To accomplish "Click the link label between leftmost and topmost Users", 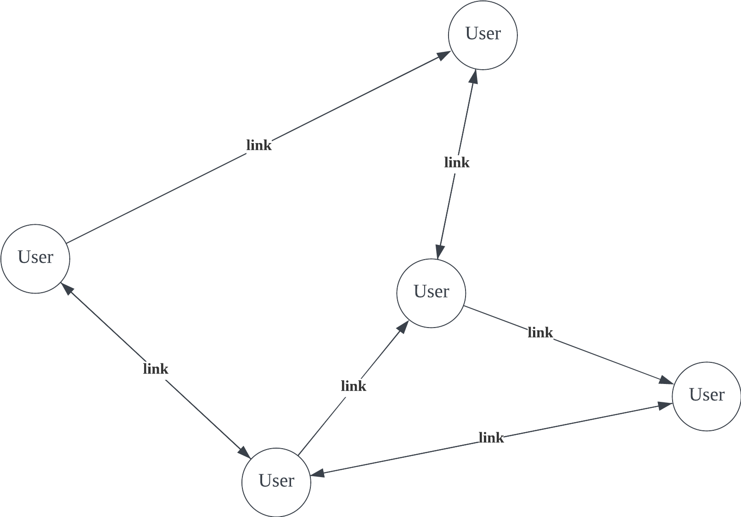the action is (x=259, y=145).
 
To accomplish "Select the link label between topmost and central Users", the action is (x=457, y=162).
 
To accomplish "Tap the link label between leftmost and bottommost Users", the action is (x=156, y=368).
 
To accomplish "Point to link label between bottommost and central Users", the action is (x=354, y=386).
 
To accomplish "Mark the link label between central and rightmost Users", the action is (x=540, y=332).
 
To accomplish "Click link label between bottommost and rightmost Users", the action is (x=491, y=438).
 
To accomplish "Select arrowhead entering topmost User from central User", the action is (x=474, y=77).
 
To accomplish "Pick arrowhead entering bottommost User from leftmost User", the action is (x=244, y=452).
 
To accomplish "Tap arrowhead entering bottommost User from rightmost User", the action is (x=318, y=474).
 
